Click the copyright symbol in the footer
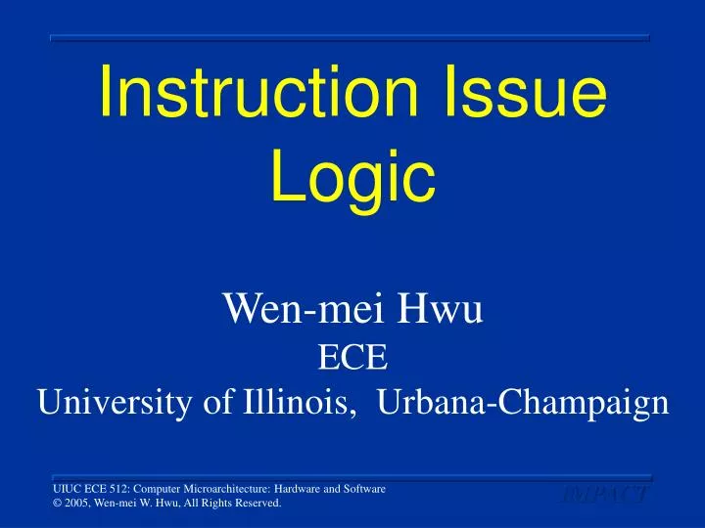click(57, 504)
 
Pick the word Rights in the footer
click(213, 504)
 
